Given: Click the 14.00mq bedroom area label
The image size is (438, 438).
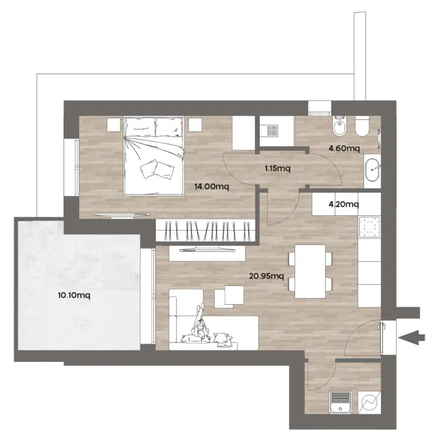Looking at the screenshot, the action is tap(212, 186).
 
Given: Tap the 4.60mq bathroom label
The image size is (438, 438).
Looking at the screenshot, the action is tap(344, 148).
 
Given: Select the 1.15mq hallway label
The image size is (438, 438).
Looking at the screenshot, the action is tap(277, 169).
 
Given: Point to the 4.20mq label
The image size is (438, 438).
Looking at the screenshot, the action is tap(344, 204).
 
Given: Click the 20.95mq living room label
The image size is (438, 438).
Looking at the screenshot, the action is tap(266, 276).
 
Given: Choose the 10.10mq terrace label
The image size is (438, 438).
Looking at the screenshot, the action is tap(74, 295).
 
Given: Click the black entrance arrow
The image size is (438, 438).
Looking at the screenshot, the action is tap(411, 337).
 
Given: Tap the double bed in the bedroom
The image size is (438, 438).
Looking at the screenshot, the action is tap(154, 156).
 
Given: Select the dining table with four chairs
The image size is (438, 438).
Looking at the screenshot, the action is tap(310, 271).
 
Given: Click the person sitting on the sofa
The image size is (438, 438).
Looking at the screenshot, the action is tap(201, 324).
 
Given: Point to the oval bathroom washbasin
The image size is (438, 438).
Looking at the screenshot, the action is tap(372, 170).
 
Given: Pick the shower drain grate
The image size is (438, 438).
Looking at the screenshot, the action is tap(272, 131).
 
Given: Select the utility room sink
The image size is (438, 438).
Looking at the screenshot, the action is tap(340, 402).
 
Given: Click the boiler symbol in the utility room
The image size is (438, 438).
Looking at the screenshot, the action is tap(369, 402).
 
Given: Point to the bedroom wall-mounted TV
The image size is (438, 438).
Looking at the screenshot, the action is tap(122, 215).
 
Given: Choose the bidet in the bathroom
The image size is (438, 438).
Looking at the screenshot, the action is tap(339, 127).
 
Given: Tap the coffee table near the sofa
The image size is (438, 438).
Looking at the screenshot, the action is tap(229, 296).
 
